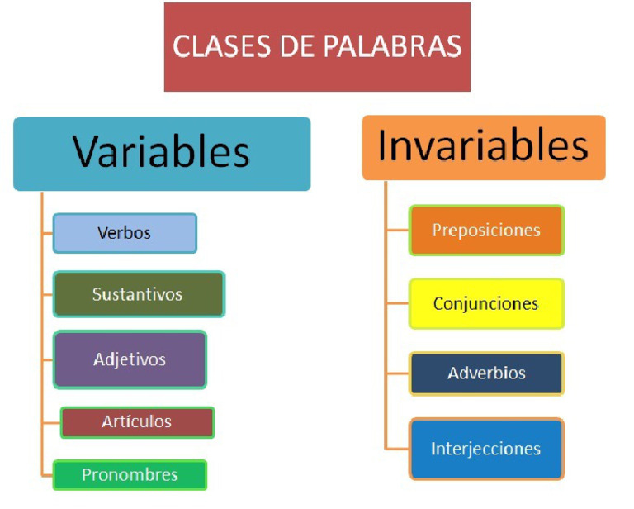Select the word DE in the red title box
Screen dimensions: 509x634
pyautogui.click(x=286, y=46)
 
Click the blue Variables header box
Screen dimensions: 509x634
pyautogui.click(x=162, y=154)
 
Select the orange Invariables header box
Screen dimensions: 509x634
pyautogui.click(x=484, y=147)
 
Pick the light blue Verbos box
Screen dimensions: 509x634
pyautogui.click(x=125, y=233)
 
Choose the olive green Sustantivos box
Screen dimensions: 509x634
pyautogui.click(x=138, y=294)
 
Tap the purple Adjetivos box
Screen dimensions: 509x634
pyautogui.click(x=130, y=359)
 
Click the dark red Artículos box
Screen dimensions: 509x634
pyautogui.click(x=137, y=421)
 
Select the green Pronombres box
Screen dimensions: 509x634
pyautogui.click(x=130, y=475)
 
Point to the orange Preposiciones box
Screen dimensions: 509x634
pyautogui.click(x=486, y=230)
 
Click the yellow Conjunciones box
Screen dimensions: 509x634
pyautogui.click(x=486, y=303)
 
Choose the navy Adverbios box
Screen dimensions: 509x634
pyautogui.click(x=486, y=373)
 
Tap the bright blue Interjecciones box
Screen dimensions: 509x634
pyautogui.click(x=486, y=449)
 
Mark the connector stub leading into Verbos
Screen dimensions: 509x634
pyautogui.click(x=47, y=233)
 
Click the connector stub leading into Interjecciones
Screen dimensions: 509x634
pyautogui.click(x=397, y=449)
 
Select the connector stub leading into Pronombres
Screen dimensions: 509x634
pyautogui.click(x=47, y=475)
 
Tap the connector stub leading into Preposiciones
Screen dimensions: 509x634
pyautogui.click(x=397, y=230)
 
